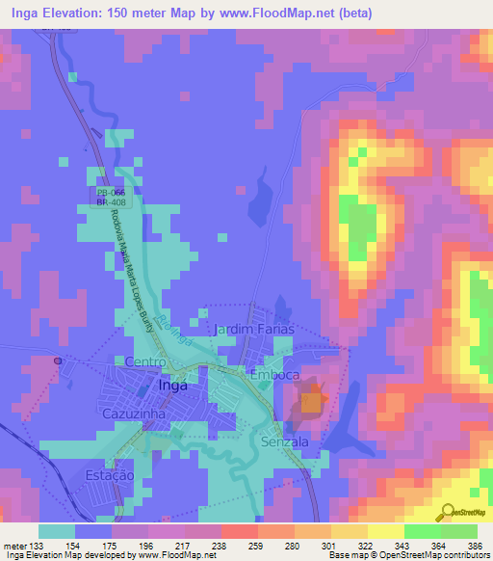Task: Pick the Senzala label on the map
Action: point(284,441)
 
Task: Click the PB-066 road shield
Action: point(110,192)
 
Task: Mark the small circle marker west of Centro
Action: point(58,360)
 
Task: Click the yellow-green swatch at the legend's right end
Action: point(459,531)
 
